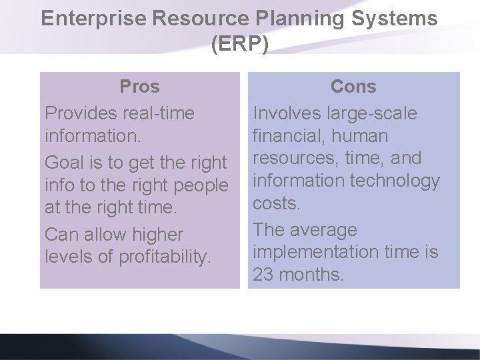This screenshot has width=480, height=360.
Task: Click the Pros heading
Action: coord(139,87)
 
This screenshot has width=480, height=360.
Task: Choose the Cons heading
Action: coord(353,87)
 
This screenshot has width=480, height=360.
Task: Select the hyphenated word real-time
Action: coord(159,113)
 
